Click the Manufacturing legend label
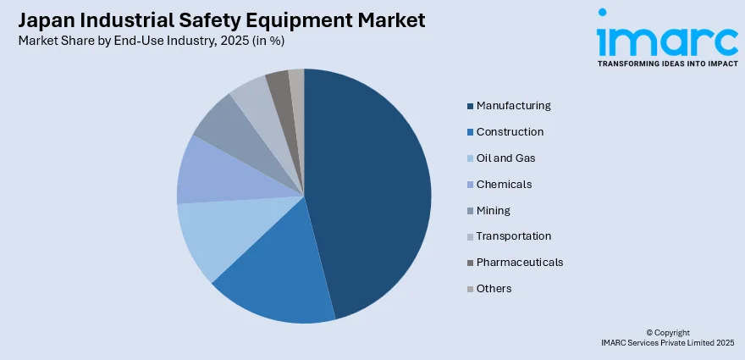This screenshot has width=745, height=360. tap(513, 106)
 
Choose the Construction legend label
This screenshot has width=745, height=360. tap(510, 132)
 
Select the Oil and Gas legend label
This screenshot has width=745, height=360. tap(505, 158)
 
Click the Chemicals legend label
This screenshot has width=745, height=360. tap(504, 185)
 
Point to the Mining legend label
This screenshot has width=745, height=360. tap(493, 210)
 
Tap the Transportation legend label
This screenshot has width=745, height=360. tap(513, 236)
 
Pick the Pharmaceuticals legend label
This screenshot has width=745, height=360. tap(519, 263)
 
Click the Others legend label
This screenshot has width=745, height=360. tap(494, 289)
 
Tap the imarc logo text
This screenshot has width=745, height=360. tap(666, 38)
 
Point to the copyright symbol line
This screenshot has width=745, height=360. tap(668, 333)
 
